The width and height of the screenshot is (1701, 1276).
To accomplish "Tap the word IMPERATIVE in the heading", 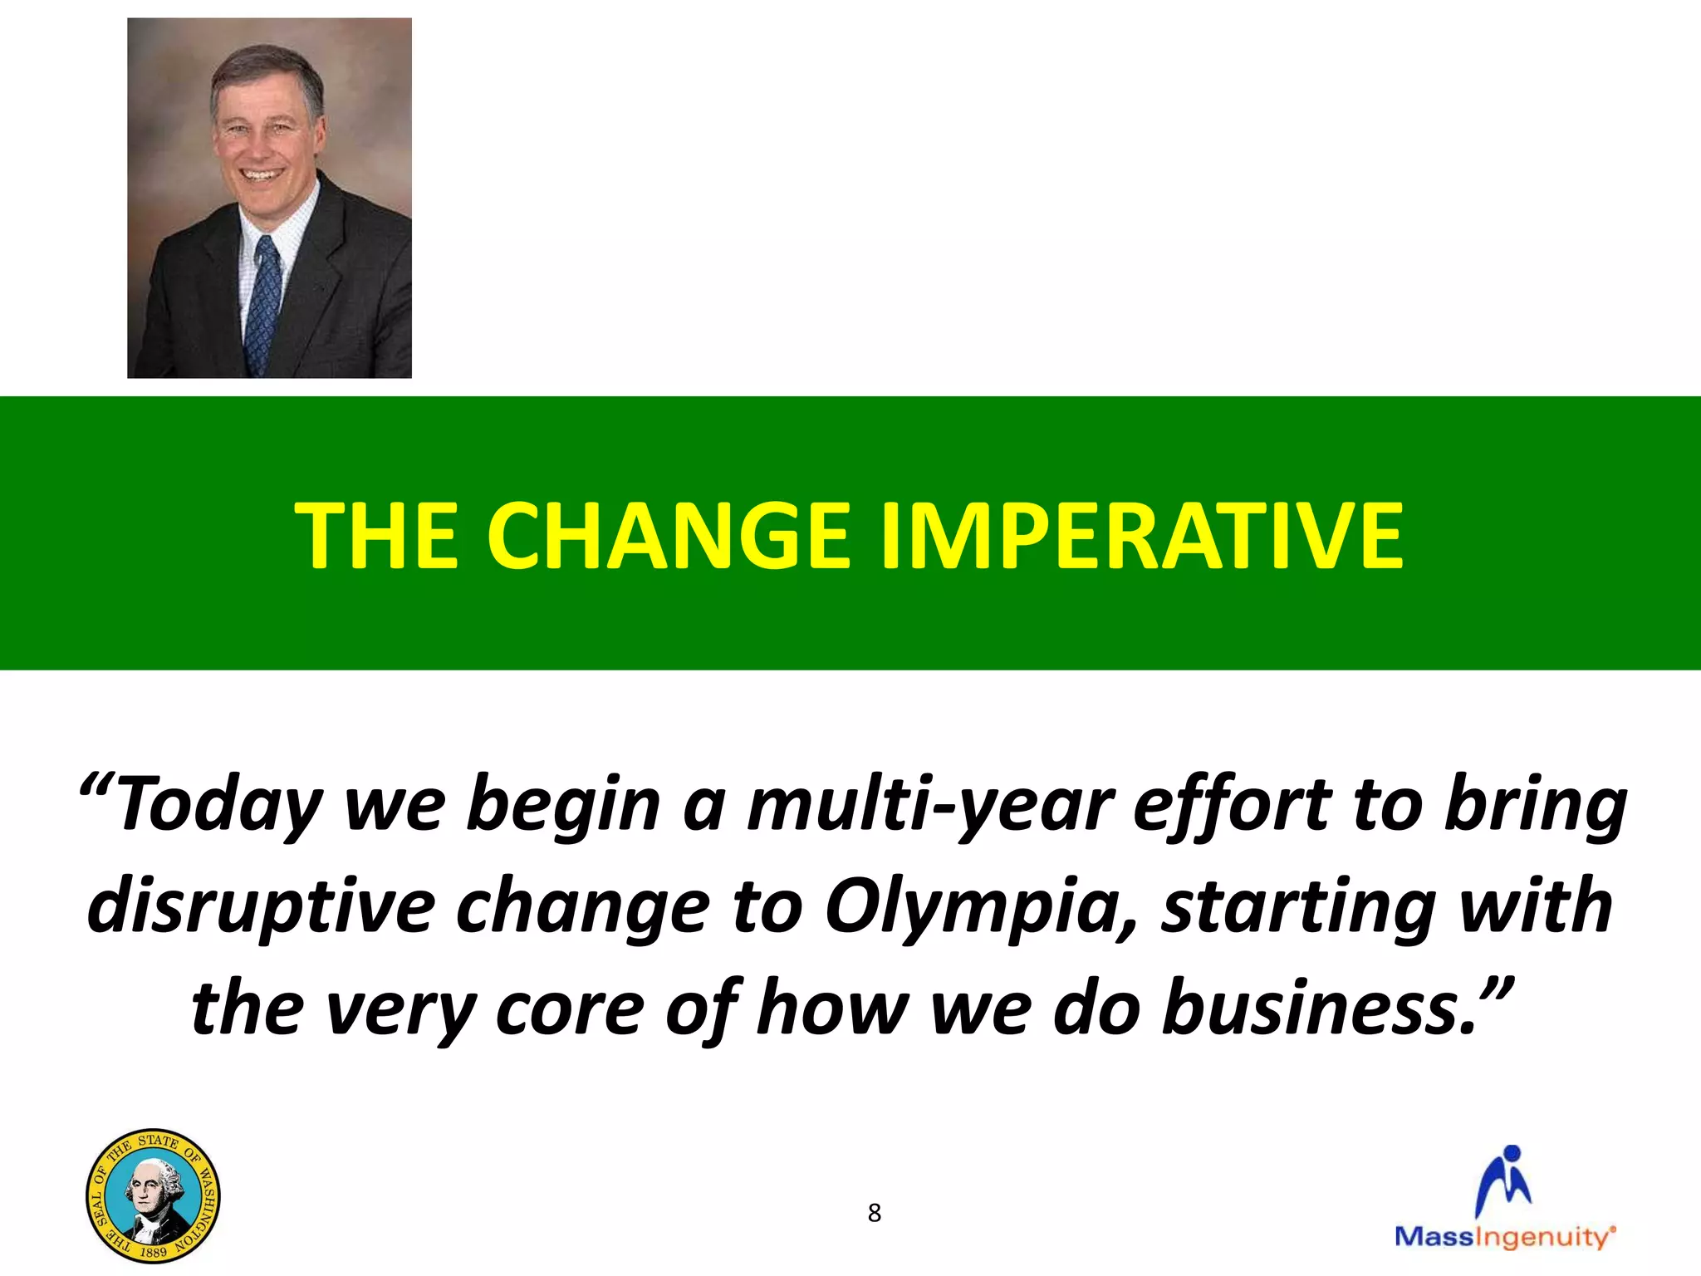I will [x=1141, y=536].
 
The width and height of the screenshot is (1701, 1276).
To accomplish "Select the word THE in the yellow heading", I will [x=376, y=536].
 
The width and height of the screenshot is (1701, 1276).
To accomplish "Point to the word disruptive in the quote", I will [x=260, y=905].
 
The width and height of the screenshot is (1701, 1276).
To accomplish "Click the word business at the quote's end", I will [x=1321, y=1008].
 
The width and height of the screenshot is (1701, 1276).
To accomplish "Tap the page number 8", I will [x=874, y=1214].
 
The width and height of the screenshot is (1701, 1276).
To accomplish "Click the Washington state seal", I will [x=153, y=1195].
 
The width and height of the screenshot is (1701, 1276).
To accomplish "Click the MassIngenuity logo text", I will [x=1504, y=1237].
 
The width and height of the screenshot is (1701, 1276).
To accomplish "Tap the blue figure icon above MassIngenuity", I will [x=1504, y=1180].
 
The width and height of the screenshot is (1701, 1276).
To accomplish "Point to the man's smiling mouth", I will [x=262, y=175].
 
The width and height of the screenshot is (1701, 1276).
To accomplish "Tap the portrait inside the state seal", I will [x=153, y=1196].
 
